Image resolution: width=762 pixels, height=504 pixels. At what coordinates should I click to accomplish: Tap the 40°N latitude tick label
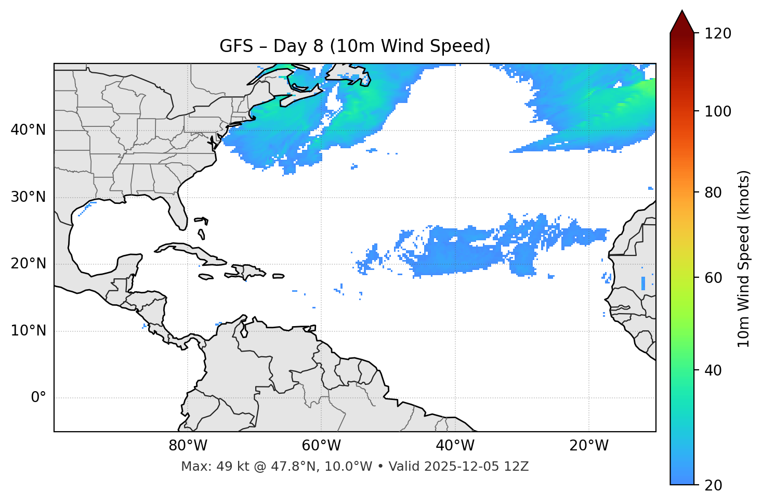point(28,130)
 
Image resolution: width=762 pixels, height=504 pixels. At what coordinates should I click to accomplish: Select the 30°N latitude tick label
point(28,197)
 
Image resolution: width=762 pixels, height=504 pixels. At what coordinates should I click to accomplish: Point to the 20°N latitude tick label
point(28,264)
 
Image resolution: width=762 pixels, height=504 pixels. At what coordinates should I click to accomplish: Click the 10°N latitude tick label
point(28,331)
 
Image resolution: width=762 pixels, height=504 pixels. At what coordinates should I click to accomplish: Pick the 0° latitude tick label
point(38,398)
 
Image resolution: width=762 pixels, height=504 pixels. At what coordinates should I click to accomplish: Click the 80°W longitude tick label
point(188,446)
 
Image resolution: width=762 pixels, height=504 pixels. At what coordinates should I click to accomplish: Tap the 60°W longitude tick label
point(321,446)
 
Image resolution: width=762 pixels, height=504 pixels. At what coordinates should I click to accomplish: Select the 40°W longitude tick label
point(455,446)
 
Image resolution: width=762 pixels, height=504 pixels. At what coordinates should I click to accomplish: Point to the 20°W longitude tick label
point(588,446)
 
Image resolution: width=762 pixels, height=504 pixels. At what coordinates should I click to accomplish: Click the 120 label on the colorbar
point(718,34)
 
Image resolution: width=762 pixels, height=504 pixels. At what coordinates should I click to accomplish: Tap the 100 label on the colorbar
point(718,111)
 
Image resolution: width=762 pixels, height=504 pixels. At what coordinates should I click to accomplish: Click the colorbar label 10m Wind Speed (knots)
point(744,259)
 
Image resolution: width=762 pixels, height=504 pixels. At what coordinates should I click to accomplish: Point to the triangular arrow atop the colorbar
point(682,22)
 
